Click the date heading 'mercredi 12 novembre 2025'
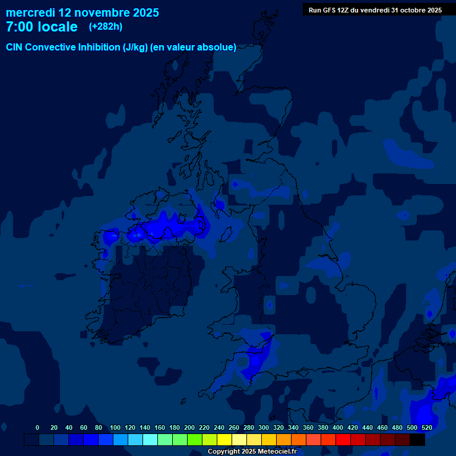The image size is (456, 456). [x=83, y=12]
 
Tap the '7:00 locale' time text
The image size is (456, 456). [x=42, y=27]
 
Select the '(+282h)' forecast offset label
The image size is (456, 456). [x=106, y=27]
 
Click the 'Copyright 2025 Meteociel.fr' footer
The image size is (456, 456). [x=252, y=452]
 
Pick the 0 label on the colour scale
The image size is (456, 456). [x=37, y=427]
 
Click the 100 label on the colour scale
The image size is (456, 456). [x=115, y=427]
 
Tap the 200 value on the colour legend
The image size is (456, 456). [x=189, y=427]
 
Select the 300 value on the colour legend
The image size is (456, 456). [x=264, y=427]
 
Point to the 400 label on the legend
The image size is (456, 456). [x=338, y=427]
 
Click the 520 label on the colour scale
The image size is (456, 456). [x=426, y=427]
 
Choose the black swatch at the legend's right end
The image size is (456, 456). [x=417, y=439]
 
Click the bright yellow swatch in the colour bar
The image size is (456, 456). [x=224, y=439]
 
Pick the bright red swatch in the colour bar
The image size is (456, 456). [x=343, y=439]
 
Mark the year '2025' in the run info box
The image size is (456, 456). [x=432, y=9]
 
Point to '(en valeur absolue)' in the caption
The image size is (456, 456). [x=194, y=47]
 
